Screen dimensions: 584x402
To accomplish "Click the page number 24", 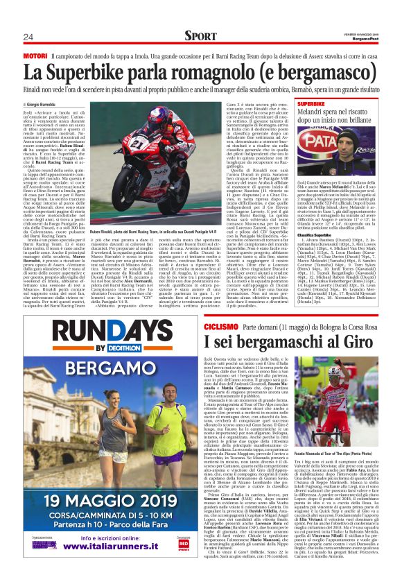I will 28,36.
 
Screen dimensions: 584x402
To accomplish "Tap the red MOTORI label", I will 35,55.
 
